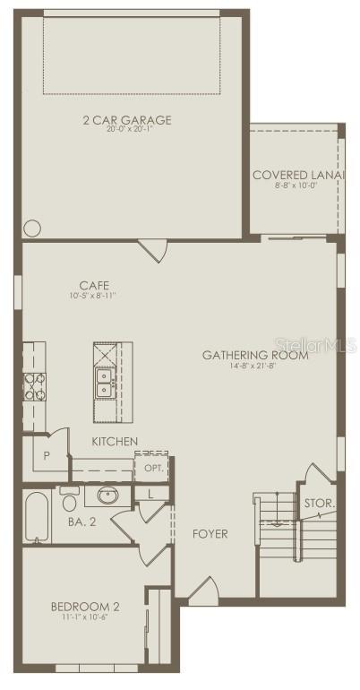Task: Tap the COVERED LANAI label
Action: [x=297, y=175]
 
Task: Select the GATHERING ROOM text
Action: [x=255, y=355]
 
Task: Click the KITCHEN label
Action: [x=115, y=442]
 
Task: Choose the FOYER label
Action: [x=210, y=534]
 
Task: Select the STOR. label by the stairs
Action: [x=319, y=504]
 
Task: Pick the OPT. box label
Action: [x=151, y=468]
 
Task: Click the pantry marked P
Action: [x=46, y=455]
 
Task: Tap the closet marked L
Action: [x=150, y=493]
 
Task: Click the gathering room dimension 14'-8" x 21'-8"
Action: [x=255, y=366]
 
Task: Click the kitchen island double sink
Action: [x=104, y=383]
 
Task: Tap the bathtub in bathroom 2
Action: [x=37, y=517]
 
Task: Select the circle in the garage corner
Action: [x=32, y=229]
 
